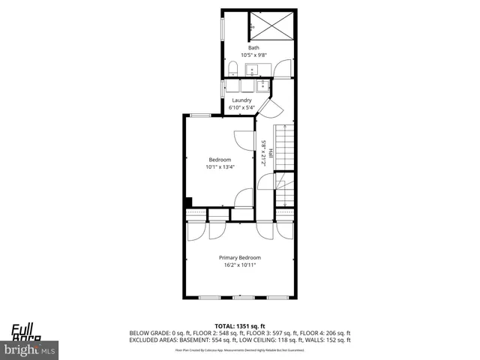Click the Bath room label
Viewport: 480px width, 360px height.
[x=253, y=48]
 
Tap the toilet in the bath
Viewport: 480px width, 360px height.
[x=232, y=70]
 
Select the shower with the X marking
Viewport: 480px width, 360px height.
[x=268, y=25]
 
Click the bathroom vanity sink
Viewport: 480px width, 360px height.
[x=252, y=70]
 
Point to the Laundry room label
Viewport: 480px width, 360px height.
[x=241, y=100]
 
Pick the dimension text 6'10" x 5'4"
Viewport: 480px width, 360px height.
[x=241, y=108]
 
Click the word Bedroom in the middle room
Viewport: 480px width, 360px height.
[x=220, y=159]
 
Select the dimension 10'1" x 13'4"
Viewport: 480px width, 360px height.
[x=220, y=166]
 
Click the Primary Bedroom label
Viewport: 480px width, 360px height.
[x=240, y=257]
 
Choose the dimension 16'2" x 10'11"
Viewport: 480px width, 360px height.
[x=240, y=265]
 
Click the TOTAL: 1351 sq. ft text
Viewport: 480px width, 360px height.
[x=240, y=325]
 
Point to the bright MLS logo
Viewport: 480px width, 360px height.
[x=30, y=349]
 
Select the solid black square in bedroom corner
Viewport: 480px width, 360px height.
[x=188, y=201]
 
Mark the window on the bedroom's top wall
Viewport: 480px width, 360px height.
[x=200, y=115]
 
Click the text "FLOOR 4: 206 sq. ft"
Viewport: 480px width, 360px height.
[x=323, y=332]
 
